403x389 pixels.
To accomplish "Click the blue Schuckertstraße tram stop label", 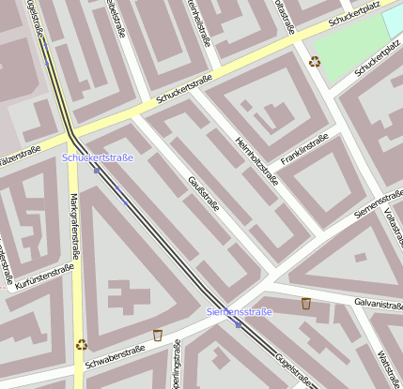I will pos(98,157).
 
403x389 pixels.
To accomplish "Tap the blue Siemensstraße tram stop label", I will pos(239,311).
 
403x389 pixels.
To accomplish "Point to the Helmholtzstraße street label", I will pos(257,161).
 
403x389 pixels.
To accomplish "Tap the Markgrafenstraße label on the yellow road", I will pos(74,231).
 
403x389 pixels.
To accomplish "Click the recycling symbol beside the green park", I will pos(315,62).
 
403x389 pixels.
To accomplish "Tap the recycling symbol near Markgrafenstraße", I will pos(82,344).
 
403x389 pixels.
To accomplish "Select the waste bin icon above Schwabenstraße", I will pos(158,335).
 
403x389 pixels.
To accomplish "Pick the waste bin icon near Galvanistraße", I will pos(306,304).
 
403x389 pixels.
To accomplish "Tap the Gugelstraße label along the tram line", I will pos(294,367).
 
